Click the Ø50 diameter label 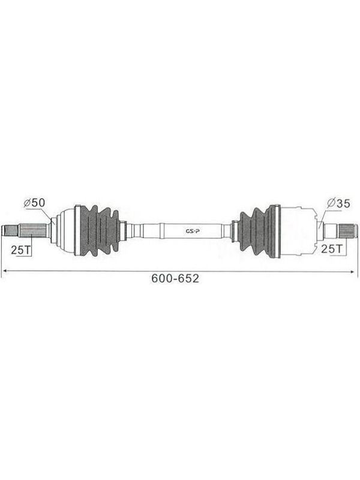34,203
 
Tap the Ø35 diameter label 338,203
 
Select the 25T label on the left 21,250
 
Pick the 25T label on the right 332,249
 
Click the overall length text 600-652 175,278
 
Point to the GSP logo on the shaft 193,231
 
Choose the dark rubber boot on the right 260,230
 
